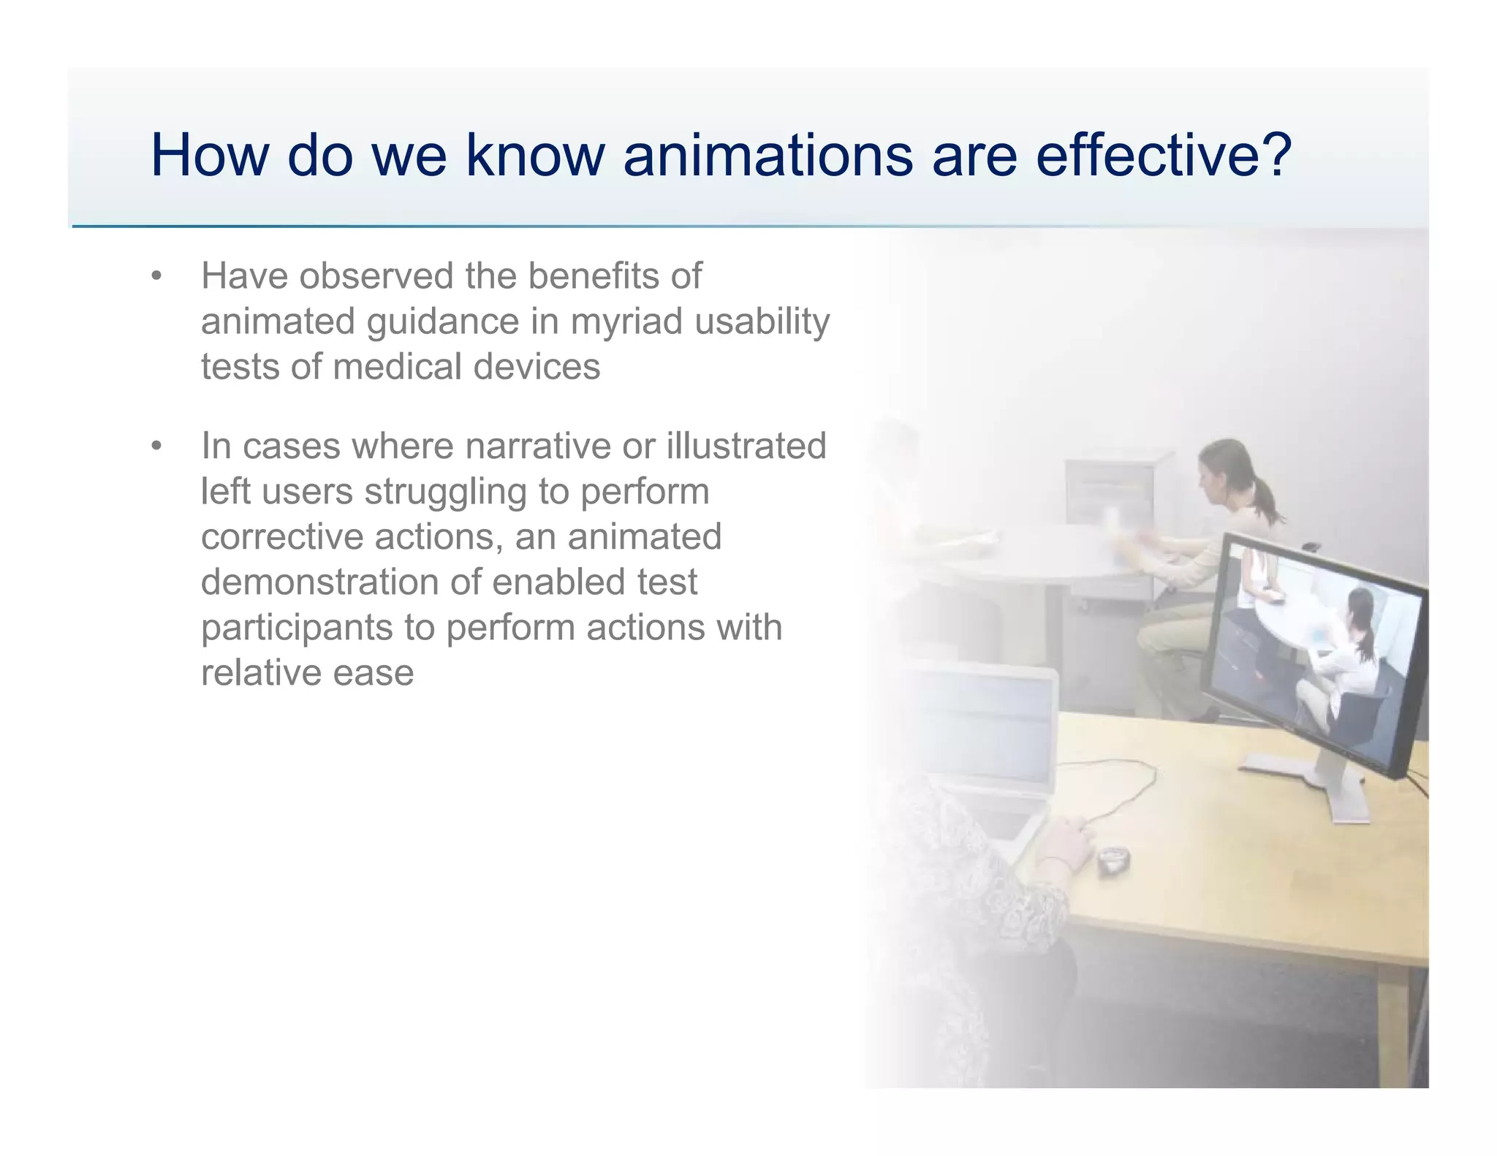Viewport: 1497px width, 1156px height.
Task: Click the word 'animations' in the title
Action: pos(768,155)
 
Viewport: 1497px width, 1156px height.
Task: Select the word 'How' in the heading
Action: pos(210,155)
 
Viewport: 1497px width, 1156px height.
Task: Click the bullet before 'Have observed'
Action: pos(156,277)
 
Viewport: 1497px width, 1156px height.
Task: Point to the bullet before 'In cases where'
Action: pos(156,446)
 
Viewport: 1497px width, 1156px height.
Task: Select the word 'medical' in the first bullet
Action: pos(398,367)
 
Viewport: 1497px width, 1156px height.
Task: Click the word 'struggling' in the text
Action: pos(445,491)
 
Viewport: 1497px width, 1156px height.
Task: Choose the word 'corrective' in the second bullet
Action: pos(281,536)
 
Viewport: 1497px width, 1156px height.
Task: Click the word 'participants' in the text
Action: pos(297,628)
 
